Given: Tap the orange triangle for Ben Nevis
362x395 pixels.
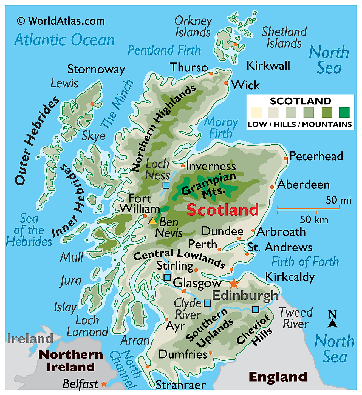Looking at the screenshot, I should (152, 221).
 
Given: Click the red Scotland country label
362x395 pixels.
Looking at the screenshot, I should (222, 210).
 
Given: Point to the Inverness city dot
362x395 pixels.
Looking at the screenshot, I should (183, 166).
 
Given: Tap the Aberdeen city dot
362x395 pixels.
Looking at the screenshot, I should (272, 187).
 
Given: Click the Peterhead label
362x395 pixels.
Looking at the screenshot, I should (316, 156).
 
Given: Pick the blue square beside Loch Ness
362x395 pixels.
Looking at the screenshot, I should (166, 185).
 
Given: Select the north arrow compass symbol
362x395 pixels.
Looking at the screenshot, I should (332, 319).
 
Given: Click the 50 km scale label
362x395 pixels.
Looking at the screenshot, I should (314, 219).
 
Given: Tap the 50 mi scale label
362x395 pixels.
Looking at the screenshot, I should (338, 200).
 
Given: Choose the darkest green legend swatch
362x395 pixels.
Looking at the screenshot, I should (344, 112).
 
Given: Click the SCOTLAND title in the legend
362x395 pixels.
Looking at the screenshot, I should (300, 101).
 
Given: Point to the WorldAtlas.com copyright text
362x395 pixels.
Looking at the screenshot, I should (61, 21).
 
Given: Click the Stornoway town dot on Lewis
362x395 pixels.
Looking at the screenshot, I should (92, 104).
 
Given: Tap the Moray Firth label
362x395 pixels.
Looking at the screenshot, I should (221, 128).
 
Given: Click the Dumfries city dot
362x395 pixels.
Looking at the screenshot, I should (210, 353).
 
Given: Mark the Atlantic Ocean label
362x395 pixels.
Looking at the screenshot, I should (64, 40).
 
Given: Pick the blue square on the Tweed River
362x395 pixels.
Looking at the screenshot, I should (255, 310).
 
